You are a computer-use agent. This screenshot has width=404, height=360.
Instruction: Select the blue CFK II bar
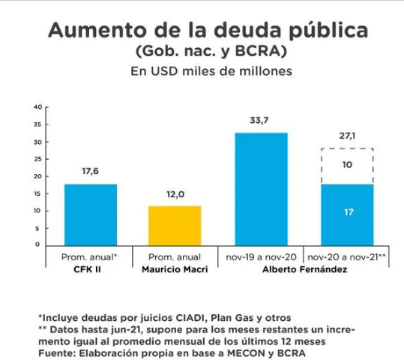click(x=91, y=214)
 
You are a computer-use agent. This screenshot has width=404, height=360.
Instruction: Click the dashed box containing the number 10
click(x=347, y=166)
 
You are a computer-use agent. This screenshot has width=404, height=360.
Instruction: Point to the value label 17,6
click(x=91, y=172)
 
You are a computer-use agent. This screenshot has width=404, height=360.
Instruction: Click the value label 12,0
click(x=175, y=194)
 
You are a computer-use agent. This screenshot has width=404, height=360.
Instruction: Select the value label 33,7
click(x=261, y=121)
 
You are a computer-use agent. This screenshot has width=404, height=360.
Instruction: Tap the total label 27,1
click(x=347, y=136)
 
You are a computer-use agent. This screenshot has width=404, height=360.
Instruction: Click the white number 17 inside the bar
click(x=347, y=213)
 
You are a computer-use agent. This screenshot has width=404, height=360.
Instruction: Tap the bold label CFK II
click(x=91, y=268)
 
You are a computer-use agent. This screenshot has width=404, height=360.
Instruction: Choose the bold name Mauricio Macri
click(x=175, y=268)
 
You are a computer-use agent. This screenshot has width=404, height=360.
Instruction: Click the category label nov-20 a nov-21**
click(x=347, y=257)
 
